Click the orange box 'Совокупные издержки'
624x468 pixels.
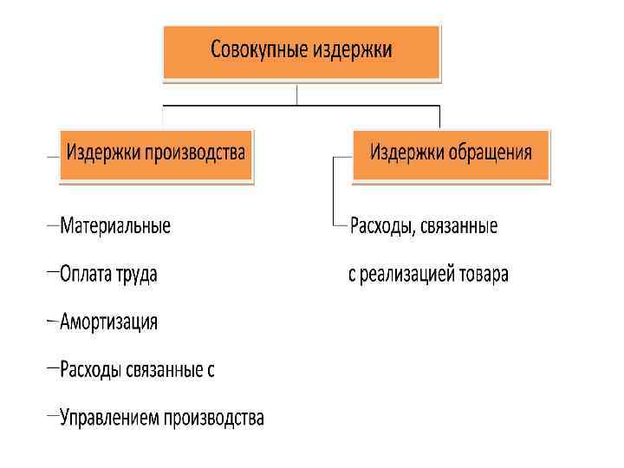301,50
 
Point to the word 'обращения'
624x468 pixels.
490,153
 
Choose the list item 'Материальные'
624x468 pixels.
115,226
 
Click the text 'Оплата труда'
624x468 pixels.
108,275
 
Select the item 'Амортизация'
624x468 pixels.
108,322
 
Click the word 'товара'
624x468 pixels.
481,276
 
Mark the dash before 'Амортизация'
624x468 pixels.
53,322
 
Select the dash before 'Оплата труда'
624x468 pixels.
53,273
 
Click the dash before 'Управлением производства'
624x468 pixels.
53,417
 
